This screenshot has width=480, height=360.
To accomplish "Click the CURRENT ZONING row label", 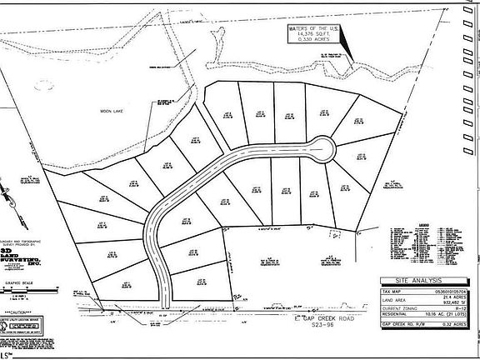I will [x=401, y=310].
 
